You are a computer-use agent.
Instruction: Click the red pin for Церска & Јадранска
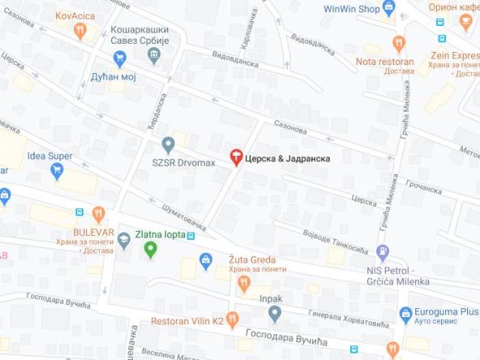(x=237, y=156)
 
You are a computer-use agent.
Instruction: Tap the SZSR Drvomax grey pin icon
(x=168, y=145)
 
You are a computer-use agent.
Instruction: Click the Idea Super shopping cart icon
(x=57, y=170)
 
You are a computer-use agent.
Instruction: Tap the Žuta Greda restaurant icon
(x=243, y=283)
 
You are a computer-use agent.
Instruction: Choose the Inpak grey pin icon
(x=276, y=313)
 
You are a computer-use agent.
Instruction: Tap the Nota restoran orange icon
(x=398, y=44)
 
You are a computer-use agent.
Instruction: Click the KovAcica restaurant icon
(x=79, y=32)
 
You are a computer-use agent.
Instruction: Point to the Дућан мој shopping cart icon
(x=120, y=58)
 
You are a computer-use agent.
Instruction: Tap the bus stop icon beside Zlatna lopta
(x=191, y=237)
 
